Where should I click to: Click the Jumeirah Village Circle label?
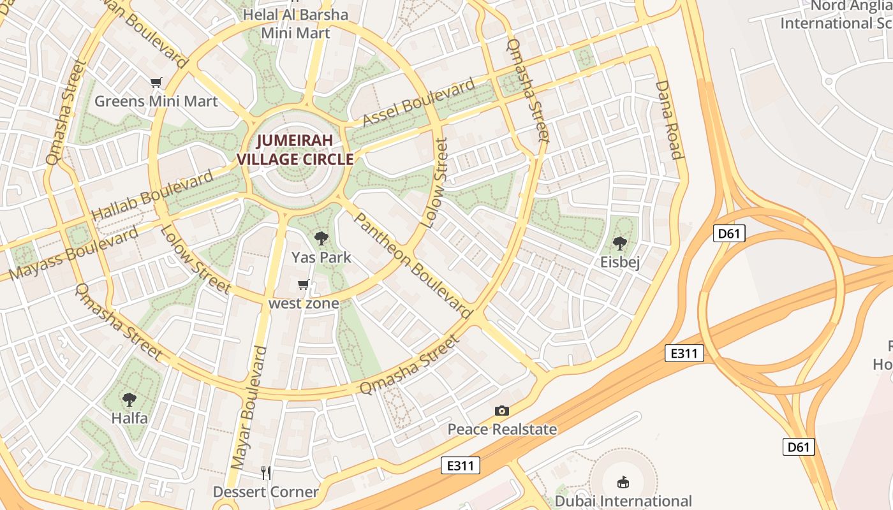pos(295,150)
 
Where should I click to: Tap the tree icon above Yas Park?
pos(321,239)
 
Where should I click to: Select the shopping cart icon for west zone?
pos(304,284)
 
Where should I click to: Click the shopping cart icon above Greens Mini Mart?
pos(156,82)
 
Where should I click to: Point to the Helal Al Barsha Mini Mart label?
pos(295,24)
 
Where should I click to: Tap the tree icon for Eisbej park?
pos(619,243)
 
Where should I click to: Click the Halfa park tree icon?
pos(129,400)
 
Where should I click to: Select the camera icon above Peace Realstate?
pos(502,411)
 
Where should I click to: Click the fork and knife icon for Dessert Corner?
pos(266,472)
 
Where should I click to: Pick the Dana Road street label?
pos(669,119)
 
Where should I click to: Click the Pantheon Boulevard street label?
pos(412,265)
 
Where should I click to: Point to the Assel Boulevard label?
pos(419,102)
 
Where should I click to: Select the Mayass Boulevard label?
pos(75,253)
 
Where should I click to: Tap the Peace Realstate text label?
pos(502,429)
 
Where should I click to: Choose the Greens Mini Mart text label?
pos(156,101)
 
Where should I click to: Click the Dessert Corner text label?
pos(265,492)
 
